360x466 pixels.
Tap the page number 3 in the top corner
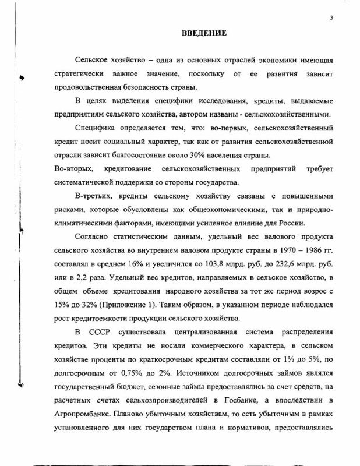tap(331, 17)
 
